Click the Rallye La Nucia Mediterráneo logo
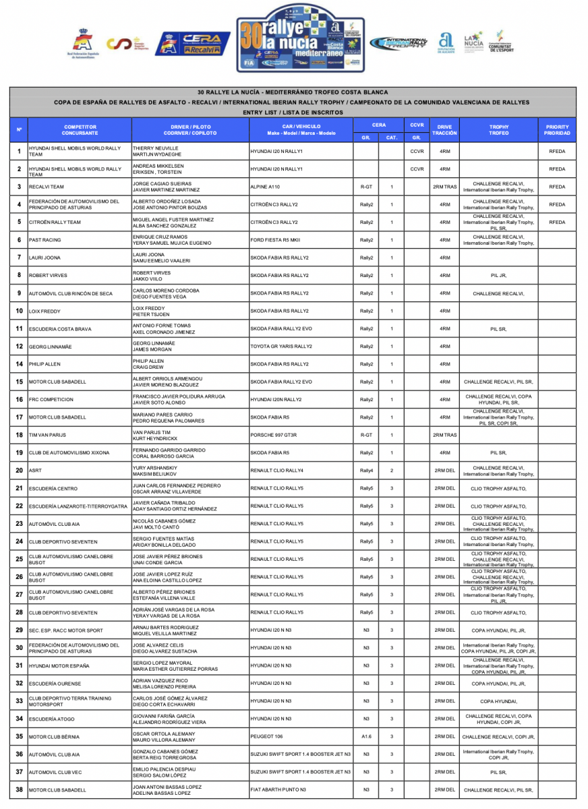pos(301,38)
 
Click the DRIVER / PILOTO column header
pos(191,129)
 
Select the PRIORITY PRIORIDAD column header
pos(558,129)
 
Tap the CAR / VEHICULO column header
pos(301,129)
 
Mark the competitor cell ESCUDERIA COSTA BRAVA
pos(61,329)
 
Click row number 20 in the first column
pos(19,471)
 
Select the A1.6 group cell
pos(366,737)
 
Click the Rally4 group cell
pos(366,471)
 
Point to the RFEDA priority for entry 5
pos(557,222)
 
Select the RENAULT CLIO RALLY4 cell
pos(277,471)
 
